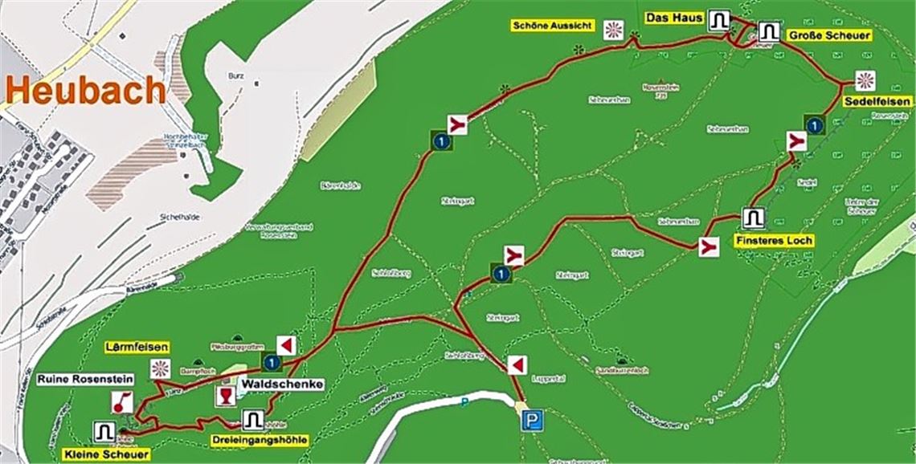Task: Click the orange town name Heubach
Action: point(84,90)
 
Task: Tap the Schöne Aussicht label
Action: point(553,26)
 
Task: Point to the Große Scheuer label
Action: point(829,35)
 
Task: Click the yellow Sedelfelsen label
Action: point(877,101)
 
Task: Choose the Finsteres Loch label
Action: point(774,240)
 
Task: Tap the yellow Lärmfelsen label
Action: point(137,347)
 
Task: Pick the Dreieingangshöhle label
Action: point(259,439)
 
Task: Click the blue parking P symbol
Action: point(531,421)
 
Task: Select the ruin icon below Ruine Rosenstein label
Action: point(122,401)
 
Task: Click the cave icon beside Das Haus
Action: point(718,19)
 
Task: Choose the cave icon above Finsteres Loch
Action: point(753,218)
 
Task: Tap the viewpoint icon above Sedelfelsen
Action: point(865,80)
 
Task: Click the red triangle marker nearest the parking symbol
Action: point(516,365)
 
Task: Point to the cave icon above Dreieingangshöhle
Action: point(252,419)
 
